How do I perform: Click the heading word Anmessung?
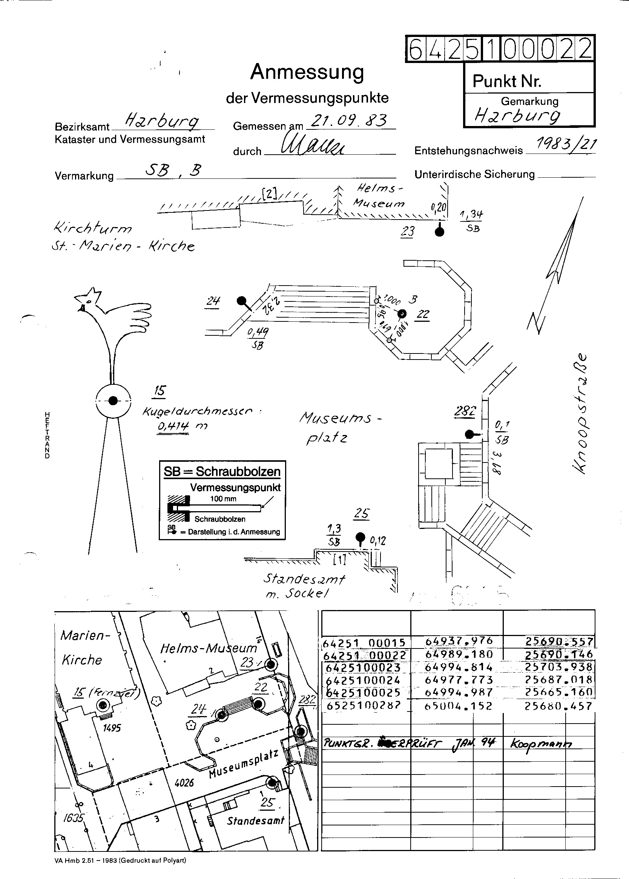(x=307, y=72)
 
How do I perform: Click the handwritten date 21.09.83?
(x=348, y=121)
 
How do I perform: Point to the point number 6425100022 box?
(x=500, y=49)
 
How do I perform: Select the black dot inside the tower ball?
(x=113, y=400)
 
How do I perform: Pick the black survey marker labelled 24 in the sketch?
(x=241, y=301)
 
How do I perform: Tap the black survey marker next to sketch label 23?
(x=439, y=232)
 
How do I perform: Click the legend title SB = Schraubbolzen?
(x=222, y=472)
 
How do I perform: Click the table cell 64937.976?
(x=459, y=641)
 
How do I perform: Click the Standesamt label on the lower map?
(x=256, y=821)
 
